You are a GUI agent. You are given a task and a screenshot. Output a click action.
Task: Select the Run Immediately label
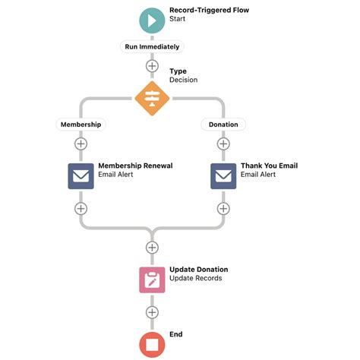click(x=152, y=46)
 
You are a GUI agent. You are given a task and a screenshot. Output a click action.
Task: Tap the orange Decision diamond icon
click(x=152, y=97)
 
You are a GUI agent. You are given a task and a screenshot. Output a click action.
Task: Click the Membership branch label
click(x=80, y=124)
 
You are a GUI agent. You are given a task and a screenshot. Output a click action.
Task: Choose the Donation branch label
click(x=223, y=124)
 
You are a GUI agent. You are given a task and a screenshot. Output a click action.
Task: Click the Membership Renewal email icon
click(x=81, y=175)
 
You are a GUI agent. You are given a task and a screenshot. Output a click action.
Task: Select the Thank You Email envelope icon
click(x=223, y=175)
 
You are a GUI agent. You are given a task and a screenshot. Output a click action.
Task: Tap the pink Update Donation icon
click(x=152, y=279)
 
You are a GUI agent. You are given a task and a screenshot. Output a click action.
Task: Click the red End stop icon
click(x=152, y=344)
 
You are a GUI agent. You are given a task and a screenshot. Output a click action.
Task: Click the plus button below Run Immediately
click(x=152, y=66)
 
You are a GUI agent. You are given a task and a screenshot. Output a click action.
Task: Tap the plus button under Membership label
click(x=81, y=144)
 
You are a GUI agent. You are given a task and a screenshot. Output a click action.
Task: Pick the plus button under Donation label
click(x=223, y=144)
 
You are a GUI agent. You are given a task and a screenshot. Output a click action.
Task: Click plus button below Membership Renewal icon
click(x=81, y=208)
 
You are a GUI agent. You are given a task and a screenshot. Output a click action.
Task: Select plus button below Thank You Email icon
click(x=223, y=208)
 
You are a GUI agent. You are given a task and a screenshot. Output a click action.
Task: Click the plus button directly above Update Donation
click(x=152, y=248)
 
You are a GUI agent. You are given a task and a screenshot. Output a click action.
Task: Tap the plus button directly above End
click(x=152, y=312)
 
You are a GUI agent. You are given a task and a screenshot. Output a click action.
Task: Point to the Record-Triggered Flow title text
click(x=209, y=11)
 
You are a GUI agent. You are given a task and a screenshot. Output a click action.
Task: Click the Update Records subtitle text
click(x=195, y=279)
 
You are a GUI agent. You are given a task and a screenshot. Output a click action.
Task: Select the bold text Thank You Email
click(x=269, y=165)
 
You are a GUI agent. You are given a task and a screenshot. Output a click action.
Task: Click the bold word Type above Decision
click(x=178, y=71)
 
